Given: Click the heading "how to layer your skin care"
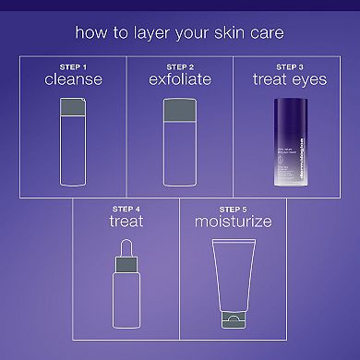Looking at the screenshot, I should pyautogui.click(x=179, y=36).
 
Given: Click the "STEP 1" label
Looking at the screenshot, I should pyautogui.click(x=72, y=66).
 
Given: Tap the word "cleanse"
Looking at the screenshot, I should pyautogui.click(x=72, y=80).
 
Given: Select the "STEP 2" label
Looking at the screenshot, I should pyautogui.click(x=179, y=66).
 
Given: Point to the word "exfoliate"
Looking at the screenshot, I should pyautogui.click(x=179, y=80).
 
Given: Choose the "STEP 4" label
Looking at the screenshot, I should pyautogui.click(x=126, y=209).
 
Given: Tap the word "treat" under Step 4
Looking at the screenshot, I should pyautogui.click(x=126, y=222).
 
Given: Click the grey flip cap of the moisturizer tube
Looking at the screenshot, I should pyautogui.click(x=233, y=324).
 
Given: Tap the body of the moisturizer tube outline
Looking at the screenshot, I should pyautogui.click(x=233, y=277).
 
